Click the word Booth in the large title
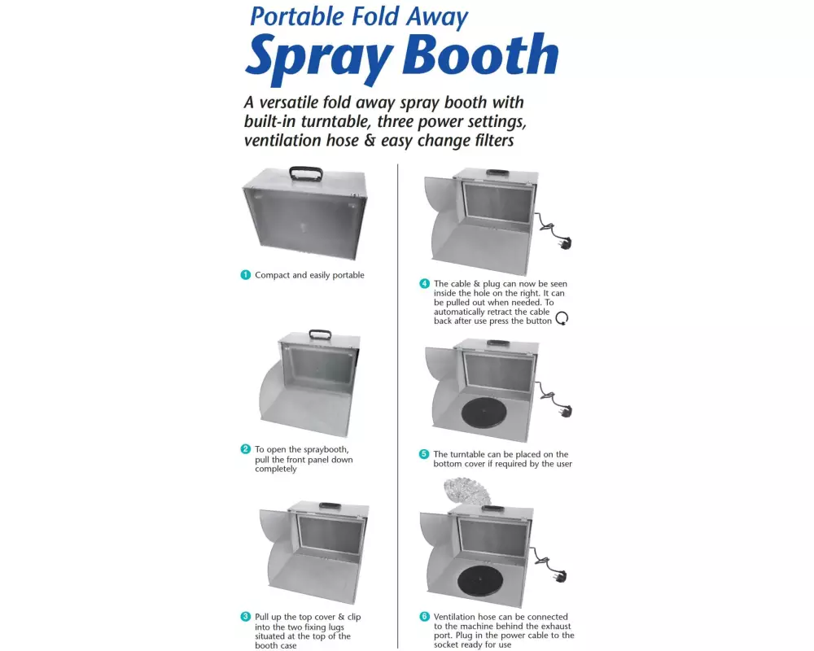480,55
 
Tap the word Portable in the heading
297,16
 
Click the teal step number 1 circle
246,274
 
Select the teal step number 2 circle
246,449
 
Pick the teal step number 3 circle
246,617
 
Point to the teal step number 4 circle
425,283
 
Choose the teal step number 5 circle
424,454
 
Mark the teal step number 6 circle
425,617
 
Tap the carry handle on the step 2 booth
320,334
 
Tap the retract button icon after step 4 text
562,318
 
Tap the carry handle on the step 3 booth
330,505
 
